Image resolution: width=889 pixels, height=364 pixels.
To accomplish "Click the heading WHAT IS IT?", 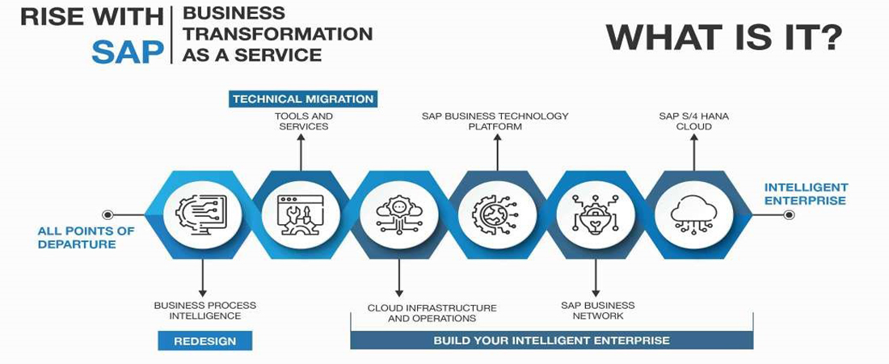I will click(724, 36).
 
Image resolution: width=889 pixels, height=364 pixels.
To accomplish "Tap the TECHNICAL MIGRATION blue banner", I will click(303, 99).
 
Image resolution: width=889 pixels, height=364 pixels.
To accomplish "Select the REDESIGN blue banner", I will click(204, 341).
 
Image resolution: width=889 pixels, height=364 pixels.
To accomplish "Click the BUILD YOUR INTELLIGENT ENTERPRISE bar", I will click(551, 341).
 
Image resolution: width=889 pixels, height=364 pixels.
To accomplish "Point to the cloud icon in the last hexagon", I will click(693, 214).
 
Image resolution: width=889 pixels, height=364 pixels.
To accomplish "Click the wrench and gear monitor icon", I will click(300, 215).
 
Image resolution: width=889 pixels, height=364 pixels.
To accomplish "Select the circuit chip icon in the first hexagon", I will click(202, 214).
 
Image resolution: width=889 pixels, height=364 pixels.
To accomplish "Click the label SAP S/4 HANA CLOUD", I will click(693, 121).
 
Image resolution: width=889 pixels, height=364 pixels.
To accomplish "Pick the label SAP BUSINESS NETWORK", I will click(597, 311).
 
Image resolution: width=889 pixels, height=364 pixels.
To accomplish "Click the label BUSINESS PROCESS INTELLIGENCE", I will click(204, 311).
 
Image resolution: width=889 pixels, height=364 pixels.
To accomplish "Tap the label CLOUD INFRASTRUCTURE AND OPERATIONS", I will click(432, 313).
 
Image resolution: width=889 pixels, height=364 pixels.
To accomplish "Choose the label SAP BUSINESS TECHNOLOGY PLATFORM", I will click(495, 121).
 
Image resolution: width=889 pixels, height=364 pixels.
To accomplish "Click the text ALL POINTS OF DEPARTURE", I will click(86, 238).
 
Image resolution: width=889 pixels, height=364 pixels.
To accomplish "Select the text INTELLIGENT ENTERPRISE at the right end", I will click(806, 194).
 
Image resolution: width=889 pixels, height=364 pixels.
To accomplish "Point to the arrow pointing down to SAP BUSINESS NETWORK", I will click(596, 279).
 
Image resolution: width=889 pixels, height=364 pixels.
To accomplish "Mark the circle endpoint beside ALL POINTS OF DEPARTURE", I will click(107, 214).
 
